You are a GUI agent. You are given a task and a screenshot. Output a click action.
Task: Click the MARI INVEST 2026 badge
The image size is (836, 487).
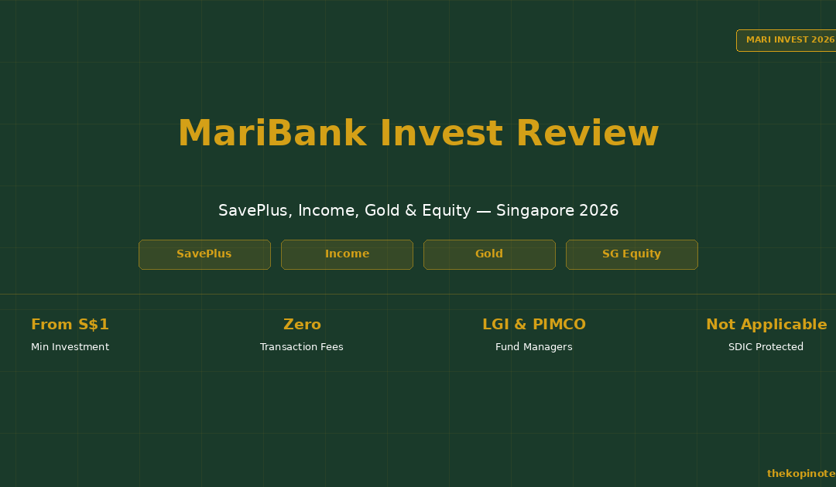pos(786,40)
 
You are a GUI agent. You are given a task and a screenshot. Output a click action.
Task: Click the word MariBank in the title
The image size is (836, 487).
pos(272,133)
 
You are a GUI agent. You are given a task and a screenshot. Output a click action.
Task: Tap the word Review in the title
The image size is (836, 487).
pos(588,133)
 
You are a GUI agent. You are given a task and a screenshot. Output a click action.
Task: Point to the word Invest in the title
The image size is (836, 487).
pos(441,133)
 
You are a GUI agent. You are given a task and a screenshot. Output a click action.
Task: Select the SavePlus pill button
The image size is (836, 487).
pos(204,254)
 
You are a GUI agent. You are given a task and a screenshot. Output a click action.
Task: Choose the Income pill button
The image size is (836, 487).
pos(347,254)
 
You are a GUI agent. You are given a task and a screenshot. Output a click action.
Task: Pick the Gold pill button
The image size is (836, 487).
pos(489,254)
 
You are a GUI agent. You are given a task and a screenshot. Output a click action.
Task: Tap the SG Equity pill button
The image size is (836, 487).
pos(632,254)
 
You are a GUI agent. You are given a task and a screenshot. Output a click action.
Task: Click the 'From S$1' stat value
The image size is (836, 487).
pos(70,324)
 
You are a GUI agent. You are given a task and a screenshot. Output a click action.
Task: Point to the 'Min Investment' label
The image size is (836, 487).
pos(70,347)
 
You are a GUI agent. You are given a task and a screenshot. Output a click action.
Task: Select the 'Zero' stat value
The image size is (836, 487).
pos(302,324)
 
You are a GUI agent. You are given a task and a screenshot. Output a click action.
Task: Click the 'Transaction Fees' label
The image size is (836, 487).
pos(302,347)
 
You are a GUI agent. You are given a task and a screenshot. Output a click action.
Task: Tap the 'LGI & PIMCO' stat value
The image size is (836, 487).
pos(533,324)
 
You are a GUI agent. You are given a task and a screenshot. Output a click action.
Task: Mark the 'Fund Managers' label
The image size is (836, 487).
pos(533,347)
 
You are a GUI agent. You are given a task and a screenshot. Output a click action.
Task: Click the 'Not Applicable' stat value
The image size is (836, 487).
pos(766,324)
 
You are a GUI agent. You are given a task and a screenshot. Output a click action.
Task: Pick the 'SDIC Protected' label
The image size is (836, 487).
pos(766,347)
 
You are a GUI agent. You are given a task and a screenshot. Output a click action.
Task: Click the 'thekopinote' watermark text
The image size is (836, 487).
pos(801,474)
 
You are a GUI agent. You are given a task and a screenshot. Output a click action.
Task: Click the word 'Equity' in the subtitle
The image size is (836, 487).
pos(447,211)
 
